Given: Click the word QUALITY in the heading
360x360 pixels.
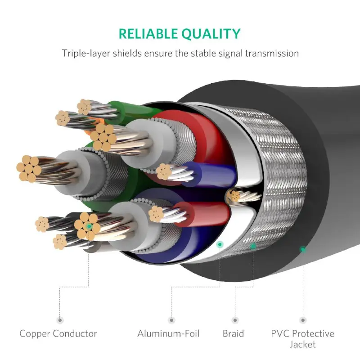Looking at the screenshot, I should click(x=212, y=34).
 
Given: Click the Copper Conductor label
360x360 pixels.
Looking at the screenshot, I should click(x=58, y=333).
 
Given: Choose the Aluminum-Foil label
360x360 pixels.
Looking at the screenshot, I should click(x=168, y=333).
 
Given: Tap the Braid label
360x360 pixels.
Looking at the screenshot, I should click(x=233, y=333).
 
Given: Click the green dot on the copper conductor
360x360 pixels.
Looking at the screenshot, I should click(x=90, y=227).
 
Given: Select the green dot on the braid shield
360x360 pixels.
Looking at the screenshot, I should click(x=253, y=246).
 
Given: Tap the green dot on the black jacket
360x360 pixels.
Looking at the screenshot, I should click(x=303, y=249).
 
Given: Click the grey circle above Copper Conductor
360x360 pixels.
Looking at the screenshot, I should click(x=59, y=320).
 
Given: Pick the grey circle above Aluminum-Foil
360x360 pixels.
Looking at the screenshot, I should click(x=171, y=320).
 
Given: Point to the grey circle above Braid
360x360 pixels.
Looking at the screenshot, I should click(x=234, y=320).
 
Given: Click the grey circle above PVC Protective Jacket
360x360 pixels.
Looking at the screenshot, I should click(x=302, y=320).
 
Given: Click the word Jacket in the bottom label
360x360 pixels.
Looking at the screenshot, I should click(x=302, y=345).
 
